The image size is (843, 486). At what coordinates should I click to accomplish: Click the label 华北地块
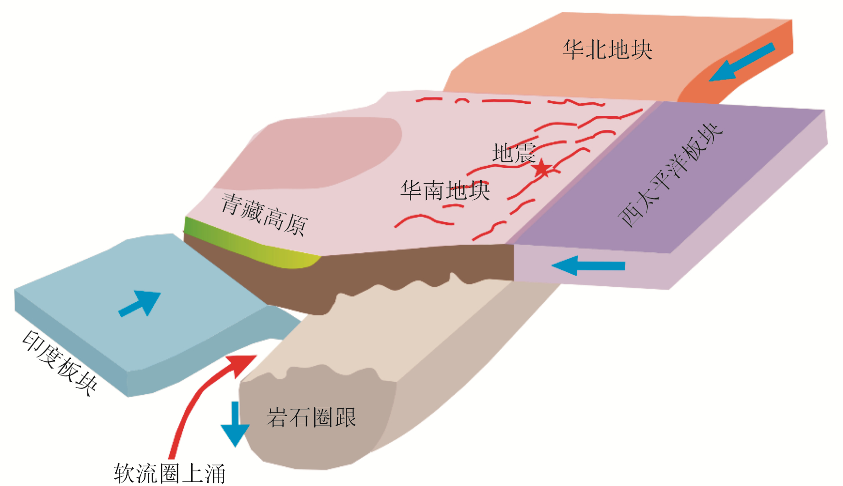[607, 50]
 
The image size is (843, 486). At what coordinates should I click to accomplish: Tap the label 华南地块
[445, 190]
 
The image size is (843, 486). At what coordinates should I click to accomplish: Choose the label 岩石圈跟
[311, 417]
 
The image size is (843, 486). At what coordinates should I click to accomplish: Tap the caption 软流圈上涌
[170, 473]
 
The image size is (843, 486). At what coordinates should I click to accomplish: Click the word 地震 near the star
[513, 153]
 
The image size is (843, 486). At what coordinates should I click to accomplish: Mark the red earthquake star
[542, 169]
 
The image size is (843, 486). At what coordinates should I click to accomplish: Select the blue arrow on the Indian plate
[140, 303]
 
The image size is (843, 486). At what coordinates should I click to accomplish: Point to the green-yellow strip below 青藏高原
[256, 245]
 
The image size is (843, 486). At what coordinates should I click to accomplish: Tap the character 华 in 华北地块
[573, 50]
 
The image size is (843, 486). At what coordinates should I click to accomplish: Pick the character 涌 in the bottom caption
[215, 474]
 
